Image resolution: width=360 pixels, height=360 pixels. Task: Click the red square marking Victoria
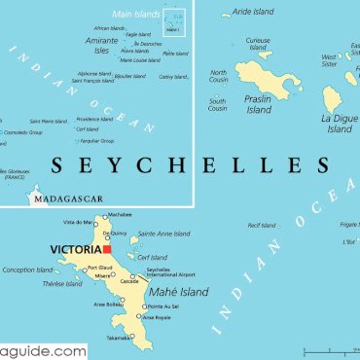tap(108, 250)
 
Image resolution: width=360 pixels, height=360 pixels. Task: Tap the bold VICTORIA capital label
tap(75, 250)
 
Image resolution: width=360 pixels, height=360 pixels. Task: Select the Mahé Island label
tap(180, 292)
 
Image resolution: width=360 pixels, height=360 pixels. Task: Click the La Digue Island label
tap(340, 123)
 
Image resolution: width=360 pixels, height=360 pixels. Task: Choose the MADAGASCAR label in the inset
tap(68, 200)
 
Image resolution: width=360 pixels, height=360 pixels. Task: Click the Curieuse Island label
tap(257, 45)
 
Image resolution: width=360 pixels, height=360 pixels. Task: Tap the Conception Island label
tap(27, 270)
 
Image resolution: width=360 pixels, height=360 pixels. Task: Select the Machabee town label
tap(119, 214)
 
